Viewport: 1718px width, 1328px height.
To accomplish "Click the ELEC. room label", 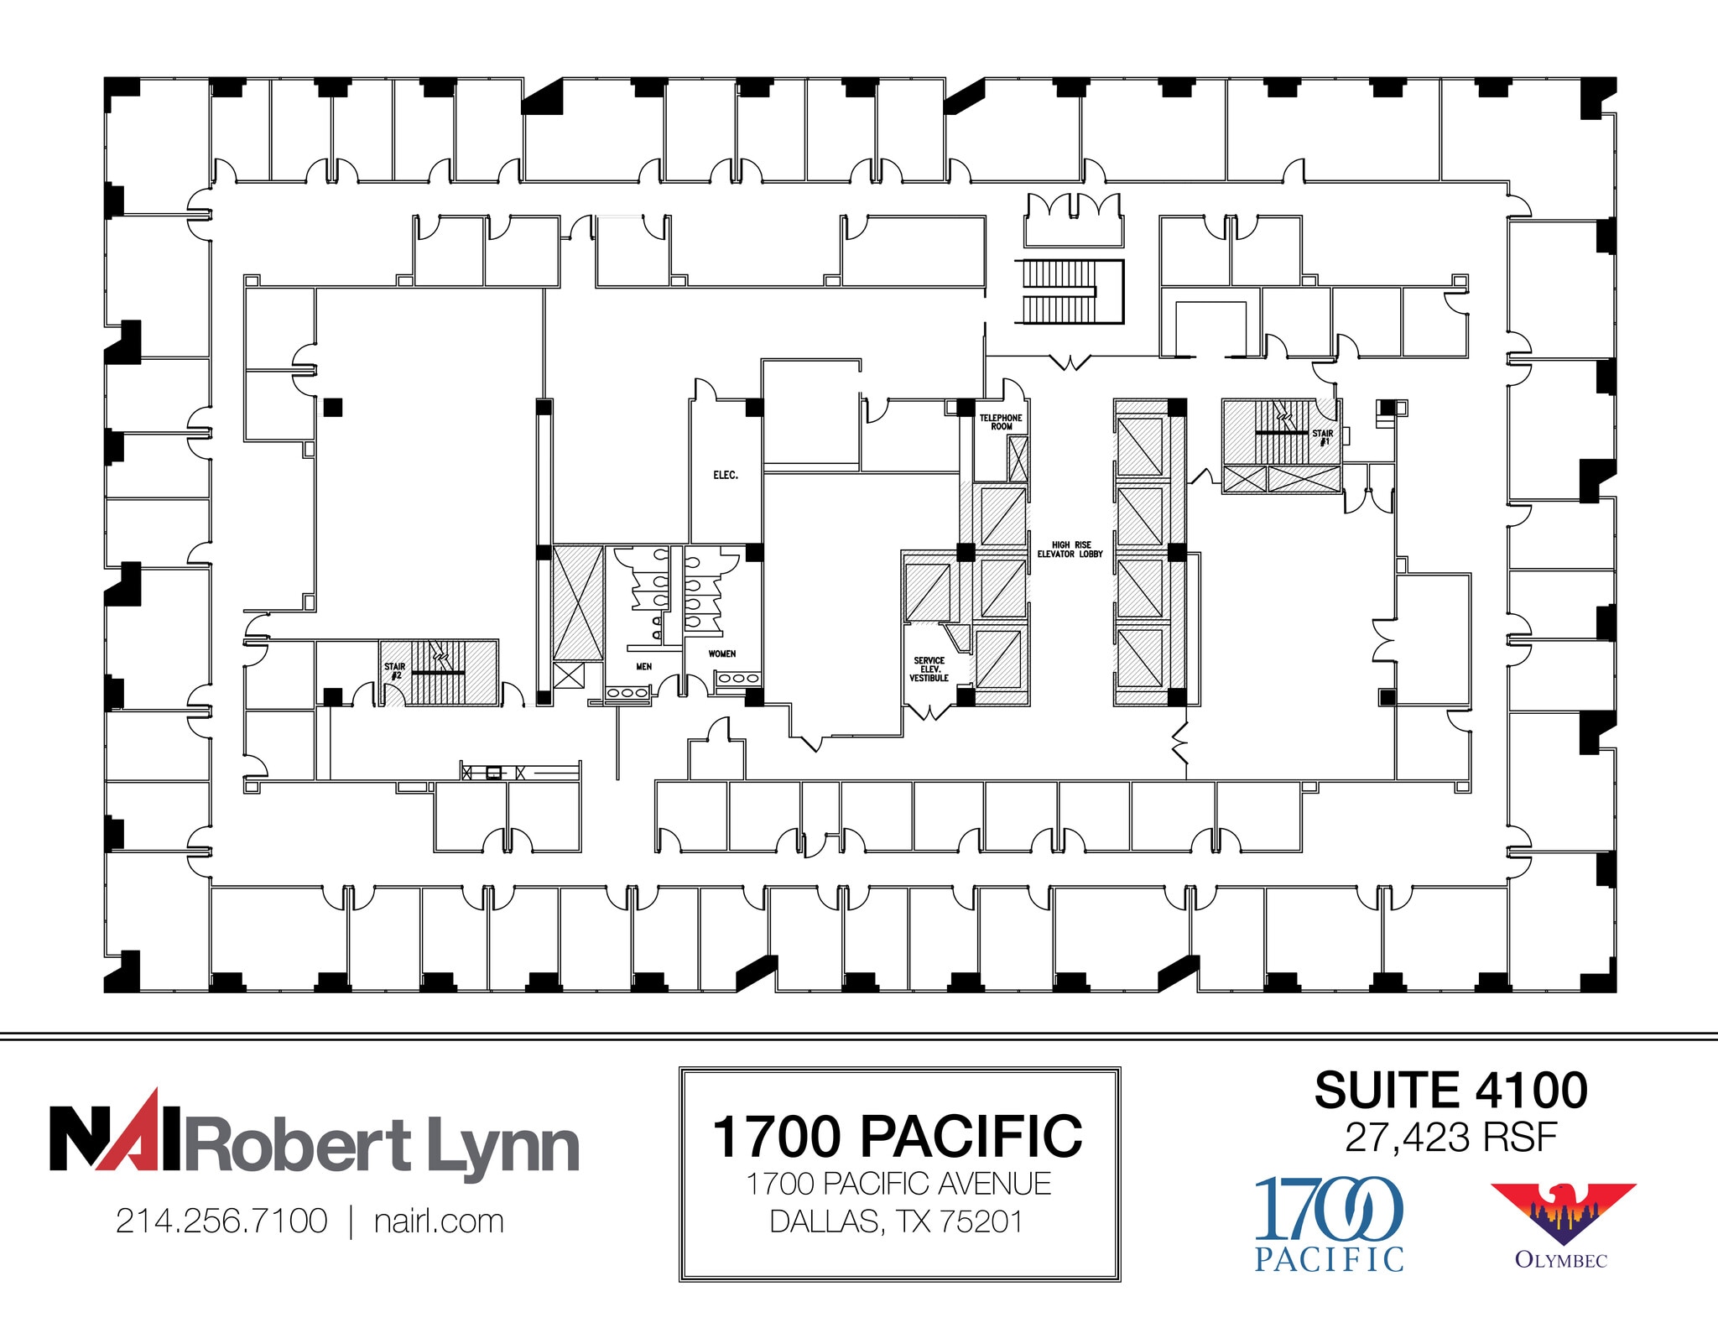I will tap(726, 475).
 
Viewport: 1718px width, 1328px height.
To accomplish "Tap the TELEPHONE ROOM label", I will tap(1001, 422).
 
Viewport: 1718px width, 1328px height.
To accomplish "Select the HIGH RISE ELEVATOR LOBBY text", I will tap(1070, 549).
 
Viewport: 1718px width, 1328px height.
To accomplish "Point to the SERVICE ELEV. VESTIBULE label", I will tap(929, 669).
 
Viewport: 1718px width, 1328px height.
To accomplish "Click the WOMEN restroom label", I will tap(722, 654).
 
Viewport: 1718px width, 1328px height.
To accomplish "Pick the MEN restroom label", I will tap(643, 667).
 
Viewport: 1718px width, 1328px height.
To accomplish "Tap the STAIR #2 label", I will tap(394, 671).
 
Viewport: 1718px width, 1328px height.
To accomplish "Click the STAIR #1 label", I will tap(1323, 438).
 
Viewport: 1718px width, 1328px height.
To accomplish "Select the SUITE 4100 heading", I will tap(1450, 1091).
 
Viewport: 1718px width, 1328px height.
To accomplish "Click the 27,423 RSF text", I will tap(1450, 1138).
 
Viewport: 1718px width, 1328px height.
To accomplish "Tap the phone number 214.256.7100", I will tap(221, 1221).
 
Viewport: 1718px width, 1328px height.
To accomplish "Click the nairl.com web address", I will tap(439, 1221).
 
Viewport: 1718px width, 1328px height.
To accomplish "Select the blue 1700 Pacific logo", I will tap(1329, 1223).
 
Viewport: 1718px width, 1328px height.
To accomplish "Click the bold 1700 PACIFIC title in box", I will tap(898, 1137).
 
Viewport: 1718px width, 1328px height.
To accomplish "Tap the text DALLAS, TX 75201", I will tap(898, 1221).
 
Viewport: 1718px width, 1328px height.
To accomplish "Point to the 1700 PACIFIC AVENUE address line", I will tap(898, 1184).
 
